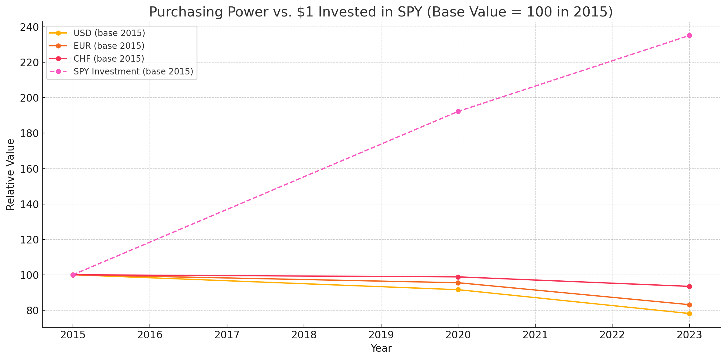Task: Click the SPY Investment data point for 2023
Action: click(x=689, y=36)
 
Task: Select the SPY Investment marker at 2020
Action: click(x=458, y=112)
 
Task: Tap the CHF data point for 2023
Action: click(x=689, y=286)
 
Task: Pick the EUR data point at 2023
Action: click(x=689, y=305)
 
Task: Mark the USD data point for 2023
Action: click(x=689, y=314)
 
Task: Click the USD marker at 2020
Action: click(x=458, y=290)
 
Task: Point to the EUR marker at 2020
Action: click(x=458, y=283)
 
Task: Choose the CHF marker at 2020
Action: click(x=458, y=277)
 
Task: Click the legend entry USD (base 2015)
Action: click(x=109, y=33)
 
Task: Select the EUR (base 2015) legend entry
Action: click(x=109, y=46)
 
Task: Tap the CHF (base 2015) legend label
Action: click(x=109, y=59)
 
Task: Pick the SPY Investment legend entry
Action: click(x=133, y=71)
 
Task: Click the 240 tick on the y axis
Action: click(x=29, y=27)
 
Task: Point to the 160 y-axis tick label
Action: click(x=29, y=169)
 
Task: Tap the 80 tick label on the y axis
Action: click(x=32, y=311)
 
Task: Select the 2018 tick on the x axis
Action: click(x=304, y=335)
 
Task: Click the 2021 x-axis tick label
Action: click(x=535, y=335)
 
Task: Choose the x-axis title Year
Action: click(x=381, y=348)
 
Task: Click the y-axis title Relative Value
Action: click(x=11, y=175)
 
